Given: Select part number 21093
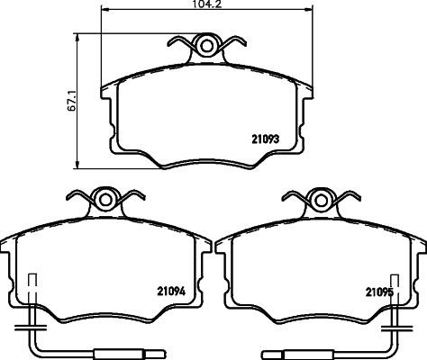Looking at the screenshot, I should click(x=263, y=138).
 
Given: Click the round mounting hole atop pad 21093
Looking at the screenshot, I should click(x=207, y=46).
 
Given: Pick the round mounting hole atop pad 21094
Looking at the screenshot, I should click(x=106, y=200).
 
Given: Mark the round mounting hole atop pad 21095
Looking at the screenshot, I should click(x=319, y=200).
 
